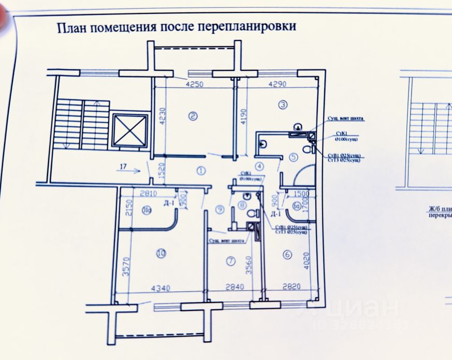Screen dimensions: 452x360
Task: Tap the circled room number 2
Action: pyautogui.click(x=193, y=116)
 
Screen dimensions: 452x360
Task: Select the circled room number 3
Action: pyautogui.click(x=283, y=104)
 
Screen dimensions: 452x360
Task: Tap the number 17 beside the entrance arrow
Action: pyautogui.click(x=122, y=167)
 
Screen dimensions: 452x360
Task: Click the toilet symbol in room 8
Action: pyautogui.click(x=253, y=214)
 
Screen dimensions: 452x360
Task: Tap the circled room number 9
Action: pyautogui.click(x=221, y=209)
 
